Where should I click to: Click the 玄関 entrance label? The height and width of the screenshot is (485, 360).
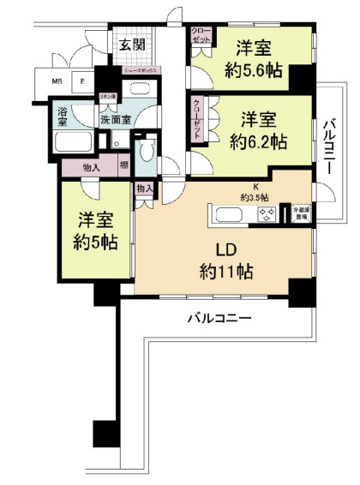pyautogui.click(x=131, y=45)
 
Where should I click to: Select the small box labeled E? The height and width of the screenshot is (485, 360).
pyautogui.click(x=82, y=82)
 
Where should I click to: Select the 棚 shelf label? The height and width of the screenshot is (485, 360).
pyautogui.click(x=124, y=166)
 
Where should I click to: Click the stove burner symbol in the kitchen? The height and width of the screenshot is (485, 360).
pyautogui.click(x=261, y=218)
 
